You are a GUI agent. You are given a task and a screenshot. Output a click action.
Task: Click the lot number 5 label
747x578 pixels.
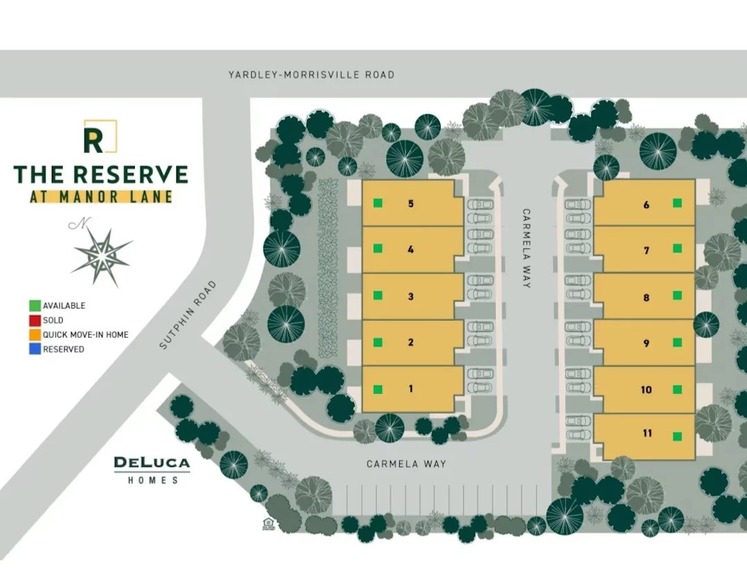point(411,204)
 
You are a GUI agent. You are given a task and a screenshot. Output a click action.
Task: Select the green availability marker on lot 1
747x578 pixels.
point(378,388)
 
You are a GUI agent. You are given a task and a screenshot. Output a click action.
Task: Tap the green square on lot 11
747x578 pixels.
point(678,436)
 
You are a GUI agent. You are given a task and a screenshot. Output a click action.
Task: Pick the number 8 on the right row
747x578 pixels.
point(647,298)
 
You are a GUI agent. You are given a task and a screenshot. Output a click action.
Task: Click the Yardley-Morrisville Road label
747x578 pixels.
point(311,74)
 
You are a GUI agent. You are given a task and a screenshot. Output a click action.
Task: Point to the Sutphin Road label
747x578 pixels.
point(187,314)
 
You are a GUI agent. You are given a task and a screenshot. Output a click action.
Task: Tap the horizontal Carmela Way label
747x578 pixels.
point(406,464)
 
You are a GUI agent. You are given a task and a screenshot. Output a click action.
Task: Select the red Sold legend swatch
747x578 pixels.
point(35,320)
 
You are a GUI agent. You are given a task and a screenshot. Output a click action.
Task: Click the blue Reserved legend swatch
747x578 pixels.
point(35,349)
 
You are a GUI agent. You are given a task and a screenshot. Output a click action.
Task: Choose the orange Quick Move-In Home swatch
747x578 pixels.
point(35,334)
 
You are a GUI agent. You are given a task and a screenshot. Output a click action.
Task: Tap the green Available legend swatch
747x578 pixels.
point(35,305)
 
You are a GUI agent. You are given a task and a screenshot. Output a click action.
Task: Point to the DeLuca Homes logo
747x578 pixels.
point(151,469)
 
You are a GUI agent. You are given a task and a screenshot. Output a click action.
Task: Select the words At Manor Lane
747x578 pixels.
point(101,196)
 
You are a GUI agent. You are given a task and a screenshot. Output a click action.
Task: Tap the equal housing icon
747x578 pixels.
point(268,523)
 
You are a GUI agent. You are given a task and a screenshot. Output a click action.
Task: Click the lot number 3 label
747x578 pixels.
point(411,296)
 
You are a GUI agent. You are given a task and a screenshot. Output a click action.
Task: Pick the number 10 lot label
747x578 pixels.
point(646,390)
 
